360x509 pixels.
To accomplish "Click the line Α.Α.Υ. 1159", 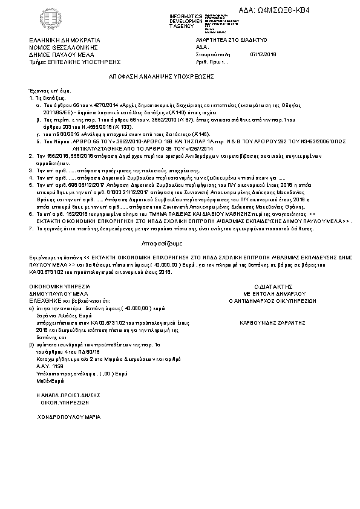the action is coord(50,366).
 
